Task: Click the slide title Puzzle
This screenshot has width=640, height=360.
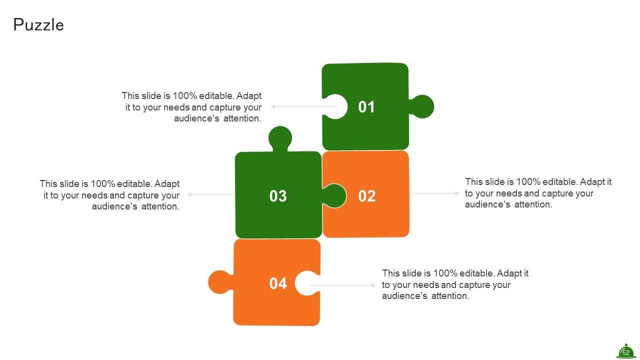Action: (38, 25)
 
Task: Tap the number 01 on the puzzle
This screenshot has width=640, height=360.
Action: (366, 107)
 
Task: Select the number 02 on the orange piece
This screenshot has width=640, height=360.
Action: (367, 196)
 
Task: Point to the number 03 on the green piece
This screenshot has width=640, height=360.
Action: (278, 196)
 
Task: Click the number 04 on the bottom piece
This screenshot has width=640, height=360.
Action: (278, 283)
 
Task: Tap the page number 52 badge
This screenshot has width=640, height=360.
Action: (625, 351)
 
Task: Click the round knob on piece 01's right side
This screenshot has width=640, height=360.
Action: (422, 106)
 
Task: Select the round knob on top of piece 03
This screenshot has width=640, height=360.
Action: (280, 138)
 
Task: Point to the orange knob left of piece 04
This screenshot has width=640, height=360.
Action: (220, 282)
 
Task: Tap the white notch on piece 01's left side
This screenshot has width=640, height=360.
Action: (335, 106)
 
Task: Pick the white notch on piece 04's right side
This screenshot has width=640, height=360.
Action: (307, 283)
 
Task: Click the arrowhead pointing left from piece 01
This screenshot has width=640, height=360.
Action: (273, 106)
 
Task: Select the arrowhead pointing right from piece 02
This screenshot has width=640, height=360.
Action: (457, 193)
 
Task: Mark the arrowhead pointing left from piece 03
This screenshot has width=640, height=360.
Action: (189, 194)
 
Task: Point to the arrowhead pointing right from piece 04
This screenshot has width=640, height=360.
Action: (373, 285)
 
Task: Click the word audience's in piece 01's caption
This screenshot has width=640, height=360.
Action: (196, 118)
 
